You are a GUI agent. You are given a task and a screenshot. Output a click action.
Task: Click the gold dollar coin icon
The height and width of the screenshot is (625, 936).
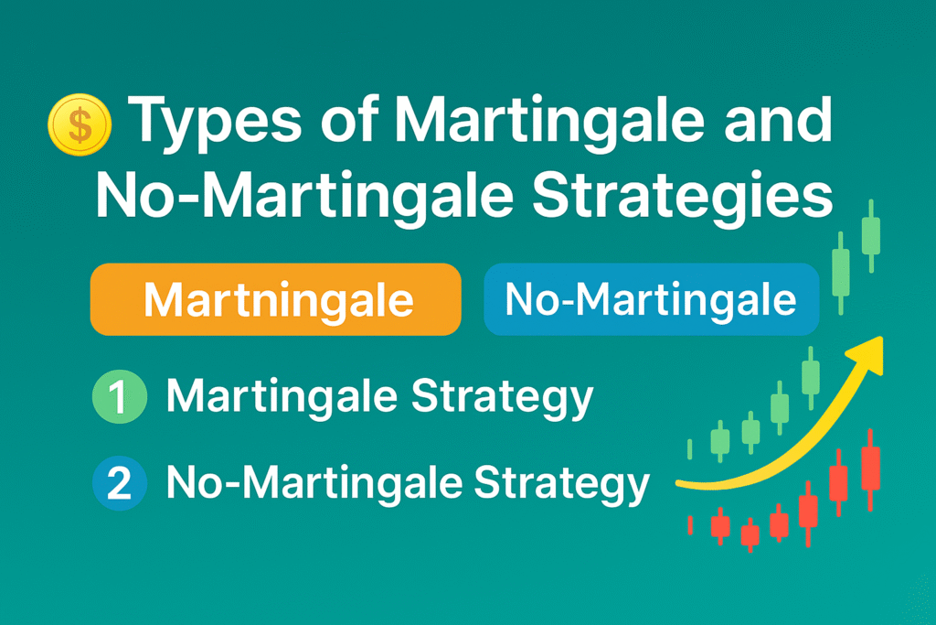click(x=80, y=124)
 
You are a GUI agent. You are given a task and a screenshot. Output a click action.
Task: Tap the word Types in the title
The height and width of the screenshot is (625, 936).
click(x=215, y=124)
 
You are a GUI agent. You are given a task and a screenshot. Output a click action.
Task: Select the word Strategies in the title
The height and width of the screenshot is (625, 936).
click(x=682, y=196)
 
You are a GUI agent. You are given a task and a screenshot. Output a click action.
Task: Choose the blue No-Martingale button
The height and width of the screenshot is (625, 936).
click(x=651, y=298)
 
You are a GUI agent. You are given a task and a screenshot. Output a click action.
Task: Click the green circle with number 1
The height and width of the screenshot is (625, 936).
click(x=120, y=397)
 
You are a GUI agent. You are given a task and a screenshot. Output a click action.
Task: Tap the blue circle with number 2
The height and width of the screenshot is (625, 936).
click(x=120, y=483)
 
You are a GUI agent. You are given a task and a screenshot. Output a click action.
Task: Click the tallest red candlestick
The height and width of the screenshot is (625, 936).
click(x=870, y=469)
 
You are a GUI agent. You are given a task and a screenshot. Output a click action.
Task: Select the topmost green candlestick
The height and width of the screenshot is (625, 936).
click(x=871, y=235)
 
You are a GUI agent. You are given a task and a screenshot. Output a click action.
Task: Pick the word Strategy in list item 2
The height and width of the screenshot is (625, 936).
click(x=561, y=485)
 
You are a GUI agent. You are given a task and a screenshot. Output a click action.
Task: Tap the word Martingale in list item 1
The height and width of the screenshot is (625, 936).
click(x=282, y=397)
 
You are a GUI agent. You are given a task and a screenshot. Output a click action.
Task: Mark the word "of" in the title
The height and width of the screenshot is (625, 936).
click(x=350, y=120)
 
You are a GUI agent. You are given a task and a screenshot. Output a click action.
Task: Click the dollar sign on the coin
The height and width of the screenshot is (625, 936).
click(x=80, y=124)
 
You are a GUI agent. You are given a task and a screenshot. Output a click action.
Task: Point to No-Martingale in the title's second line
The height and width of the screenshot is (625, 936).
click(x=305, y=196)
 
